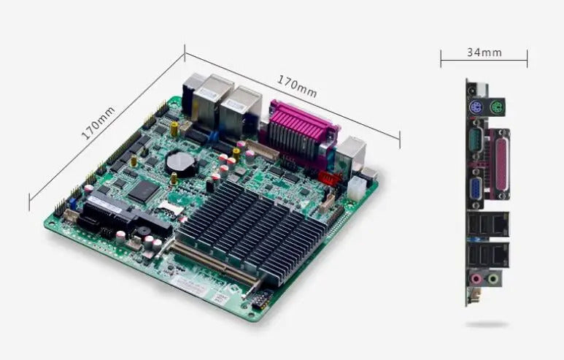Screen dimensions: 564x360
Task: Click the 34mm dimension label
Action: pos(484,53)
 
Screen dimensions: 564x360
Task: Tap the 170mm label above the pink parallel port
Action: pos(297,86)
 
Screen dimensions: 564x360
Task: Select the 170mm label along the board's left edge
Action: pos(98,123)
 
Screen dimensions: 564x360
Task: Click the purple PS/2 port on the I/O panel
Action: pos(476,107)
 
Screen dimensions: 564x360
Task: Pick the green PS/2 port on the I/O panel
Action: pos(498,107)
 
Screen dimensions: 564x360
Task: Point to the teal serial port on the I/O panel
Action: pos(476,138)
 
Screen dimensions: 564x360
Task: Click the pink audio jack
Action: pos(476,279)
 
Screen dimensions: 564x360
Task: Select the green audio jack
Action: pos(493,279)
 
